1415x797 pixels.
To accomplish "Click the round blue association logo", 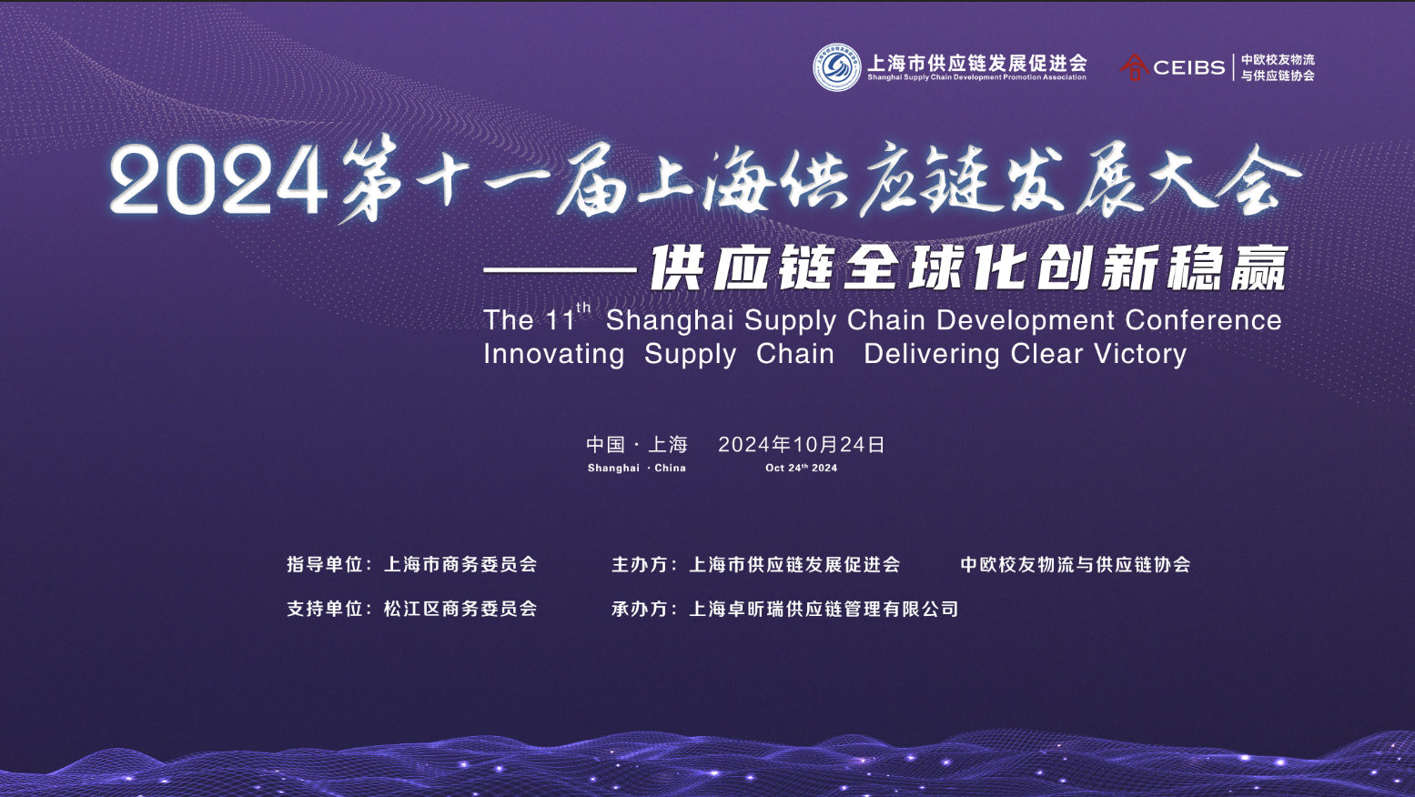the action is pyautogui.click(x=837, y=67).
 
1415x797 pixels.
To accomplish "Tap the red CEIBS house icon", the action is pyautogui.click(x=1135, y=67).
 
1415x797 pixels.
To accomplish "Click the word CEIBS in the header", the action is pyautogui.click(x=1189, y=67).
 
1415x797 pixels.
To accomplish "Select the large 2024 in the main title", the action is pyautogui.click(x=218, y=181).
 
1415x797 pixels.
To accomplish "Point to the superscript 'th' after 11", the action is pyautogui.click(x=583, y=308).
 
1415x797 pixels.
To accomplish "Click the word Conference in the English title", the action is pyautogui.click(x=1203, y=319).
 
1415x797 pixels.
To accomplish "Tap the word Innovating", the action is pyautogui.click(x=554, y=354).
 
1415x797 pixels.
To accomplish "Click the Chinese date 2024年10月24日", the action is pyautogui.click(x=802, y=445).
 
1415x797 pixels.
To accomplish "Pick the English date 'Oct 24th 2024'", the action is pyautogui.click(x=801, y=468).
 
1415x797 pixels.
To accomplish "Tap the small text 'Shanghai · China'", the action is pyautogui.click(x=637, y=468).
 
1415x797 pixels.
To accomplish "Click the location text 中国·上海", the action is pyautogui.click(x=637, y=445).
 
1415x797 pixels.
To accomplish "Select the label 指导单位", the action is pyautogui.click(x=324, y=564).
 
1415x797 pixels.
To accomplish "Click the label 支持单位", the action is pyautogui.click(x=324, y=609).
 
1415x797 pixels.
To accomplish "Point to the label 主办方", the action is pyautogui.click(x=640, y=564).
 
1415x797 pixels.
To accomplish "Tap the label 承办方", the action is pyautogui.click(x=640, y=609).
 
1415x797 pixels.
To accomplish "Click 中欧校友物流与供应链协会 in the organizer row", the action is pyautogui.click(x=1076, y=564).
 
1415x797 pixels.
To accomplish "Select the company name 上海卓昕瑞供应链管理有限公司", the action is pyautogui.click(x=824, y=609).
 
